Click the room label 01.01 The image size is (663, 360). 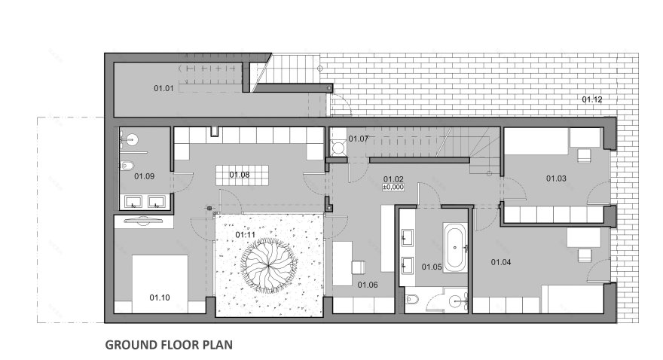pyautogui.click(x=163, y=88)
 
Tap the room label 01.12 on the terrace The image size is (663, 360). pyautogui.click(x=592, y=99)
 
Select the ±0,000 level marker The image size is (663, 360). pyautogui.click(x=393, y=188)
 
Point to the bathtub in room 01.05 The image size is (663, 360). pyautogui.click(x=455, y=248)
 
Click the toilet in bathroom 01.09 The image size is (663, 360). pyautogui.click(x=126, y=166)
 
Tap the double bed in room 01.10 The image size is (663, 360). pyautogui.click(x=160, y=283)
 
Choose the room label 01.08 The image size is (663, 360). pyautogui.click(x=240, y=175)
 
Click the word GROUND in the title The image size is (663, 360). pyautogui.click(x=130, y=345)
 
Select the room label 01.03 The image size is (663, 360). pyautogui.click(x=556, y=178)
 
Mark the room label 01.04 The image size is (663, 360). pyautogui.click(x=501, y=262)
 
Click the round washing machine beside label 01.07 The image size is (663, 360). pyautogui.click(x=338, y=148)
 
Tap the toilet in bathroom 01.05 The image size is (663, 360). pyautogui.click(x=411, y=300)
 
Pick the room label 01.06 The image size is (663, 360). pyautogui.click(x=368, y=285)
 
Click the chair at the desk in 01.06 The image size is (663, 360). pyautogui.click(x=358, y=267)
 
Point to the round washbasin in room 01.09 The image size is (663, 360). pyautogui.click(x=133, y=139)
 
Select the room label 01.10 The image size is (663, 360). pyautogui.click(x=160, y=297)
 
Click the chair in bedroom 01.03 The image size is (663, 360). pyautogui.click(x=585, y=155)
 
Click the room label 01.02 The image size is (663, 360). pyautogui.click(x=393, y=179)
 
